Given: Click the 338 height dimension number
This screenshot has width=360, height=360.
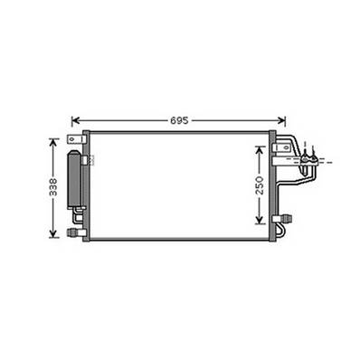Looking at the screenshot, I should [53, 187].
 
